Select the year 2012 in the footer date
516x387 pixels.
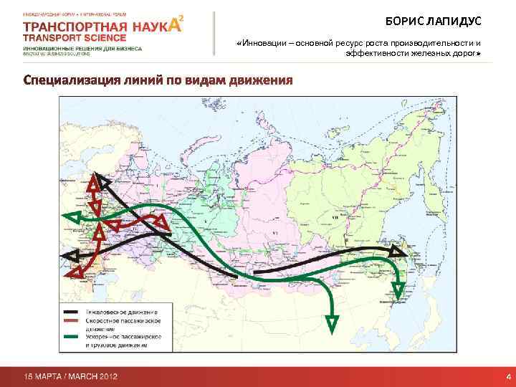105,376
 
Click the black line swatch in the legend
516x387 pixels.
72,312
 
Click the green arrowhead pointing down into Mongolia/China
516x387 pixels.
332,322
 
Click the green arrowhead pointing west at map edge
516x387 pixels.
70,216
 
